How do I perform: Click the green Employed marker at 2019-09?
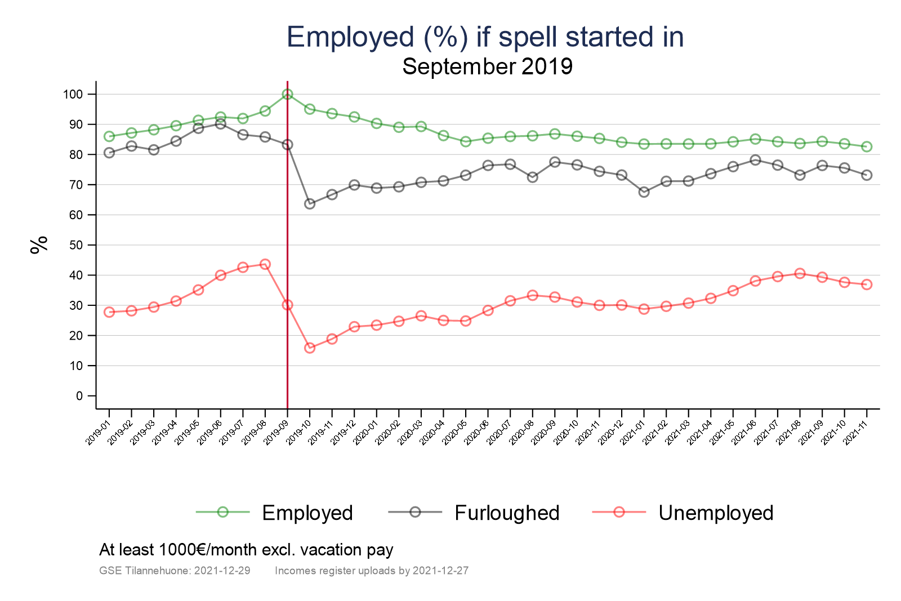(x=287, y=94)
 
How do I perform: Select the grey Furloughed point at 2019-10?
(x=310, y=204)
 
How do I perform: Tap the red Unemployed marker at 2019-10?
(x=310, y=348)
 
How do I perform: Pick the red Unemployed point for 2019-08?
(x=265, y=264)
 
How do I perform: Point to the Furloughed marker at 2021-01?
(x=644, y=192)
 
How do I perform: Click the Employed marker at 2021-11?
(x=867, y=146)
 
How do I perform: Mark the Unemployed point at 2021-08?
(x=800, y=273)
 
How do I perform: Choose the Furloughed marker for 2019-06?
(x=220, y=124)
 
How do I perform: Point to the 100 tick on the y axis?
(x=73, y=94)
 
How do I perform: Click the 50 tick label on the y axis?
(x=76, y=245)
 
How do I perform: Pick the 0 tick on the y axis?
(x=79, y=396)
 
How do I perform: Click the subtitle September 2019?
(x=487, y=66)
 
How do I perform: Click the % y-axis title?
(x=39, y=245)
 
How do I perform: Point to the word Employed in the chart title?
(x=350, y=37)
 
